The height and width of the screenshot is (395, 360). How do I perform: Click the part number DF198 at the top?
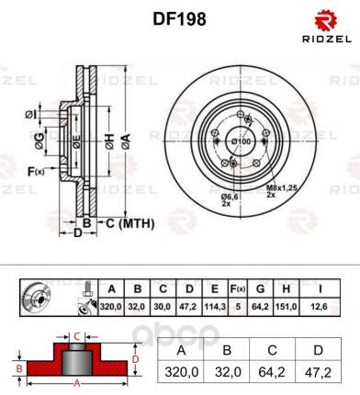click(179, 17)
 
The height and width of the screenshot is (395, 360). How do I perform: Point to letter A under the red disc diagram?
click(78, 382)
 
